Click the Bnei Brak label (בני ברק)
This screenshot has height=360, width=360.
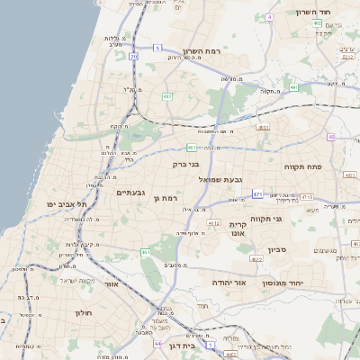coord(186,165)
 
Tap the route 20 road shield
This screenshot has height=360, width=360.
coord(133,57)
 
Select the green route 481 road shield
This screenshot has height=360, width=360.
coord(192,147)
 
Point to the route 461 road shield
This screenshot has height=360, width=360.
coord(145,253)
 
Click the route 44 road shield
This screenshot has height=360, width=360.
coord(158,344)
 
